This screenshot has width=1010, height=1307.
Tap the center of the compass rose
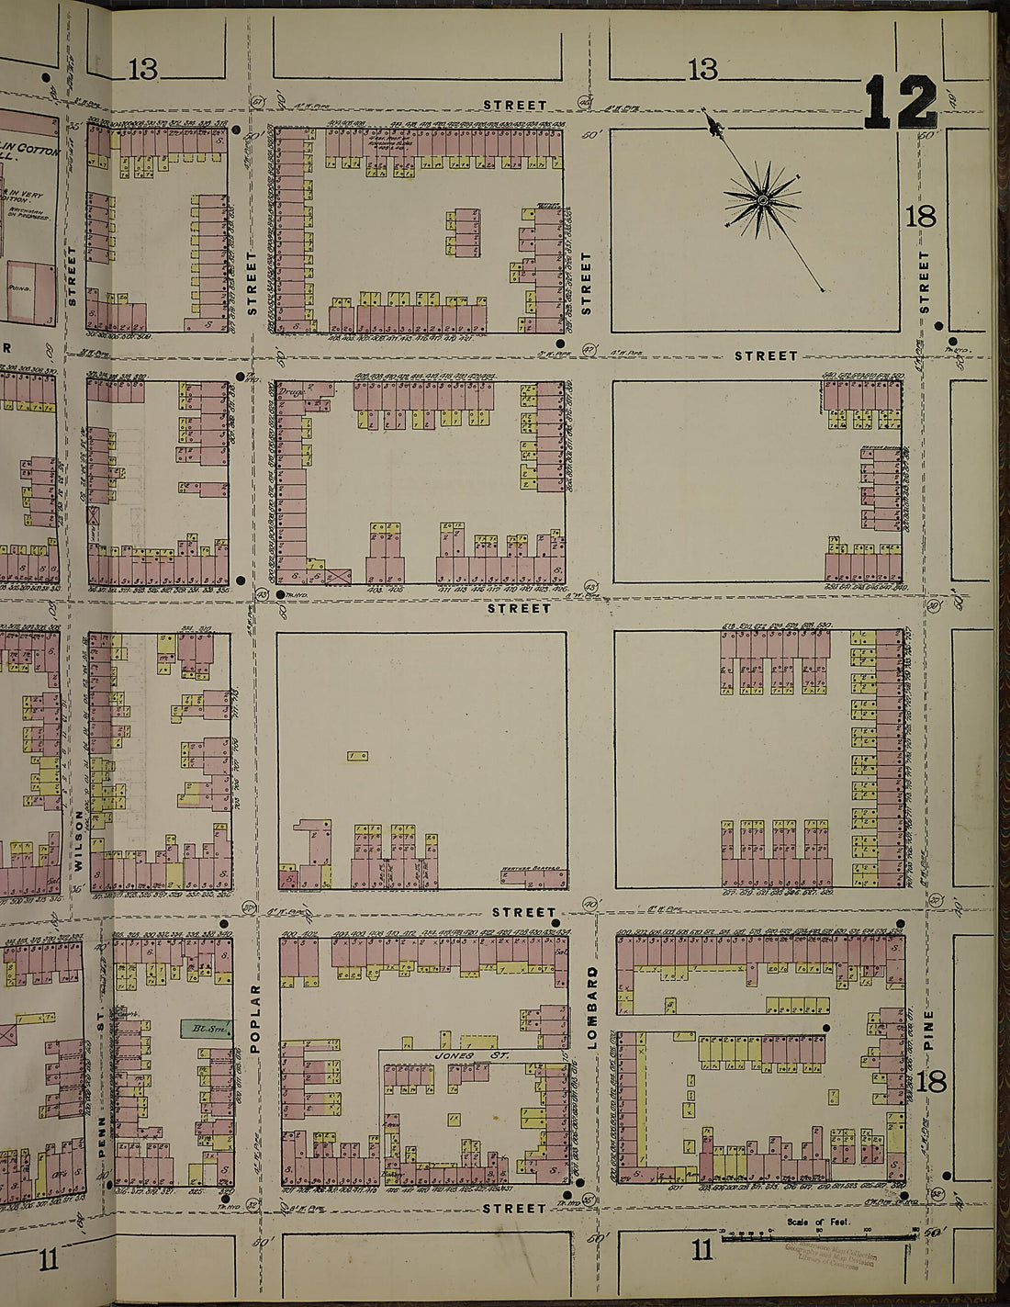click(762, 199)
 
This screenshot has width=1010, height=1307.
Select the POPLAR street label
click(255, 1019)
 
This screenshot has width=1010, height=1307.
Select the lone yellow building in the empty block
click(358, 756)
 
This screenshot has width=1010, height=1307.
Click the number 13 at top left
click(143, 69)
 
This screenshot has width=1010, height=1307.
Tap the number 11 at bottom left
click(49, 1259)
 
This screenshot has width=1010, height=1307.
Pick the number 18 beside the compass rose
click(920, 217)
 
